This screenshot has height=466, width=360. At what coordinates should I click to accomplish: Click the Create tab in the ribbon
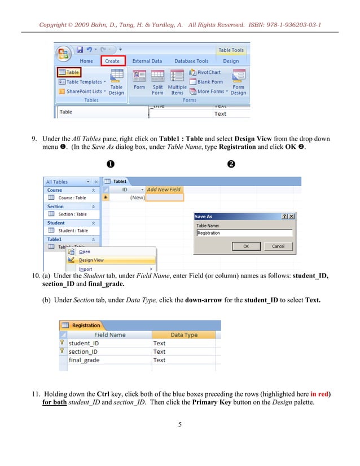[112, 61]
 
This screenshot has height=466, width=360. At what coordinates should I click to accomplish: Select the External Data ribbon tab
[147, 61]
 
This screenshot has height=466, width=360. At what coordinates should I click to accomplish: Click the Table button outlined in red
[69, 72]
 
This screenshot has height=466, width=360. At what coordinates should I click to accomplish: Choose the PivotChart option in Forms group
[209, 73]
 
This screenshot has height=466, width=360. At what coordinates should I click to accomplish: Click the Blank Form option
[209, 82]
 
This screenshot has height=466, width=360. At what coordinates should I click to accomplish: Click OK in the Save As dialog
[246, 246]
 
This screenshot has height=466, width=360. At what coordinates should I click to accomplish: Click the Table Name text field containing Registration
[244, 232]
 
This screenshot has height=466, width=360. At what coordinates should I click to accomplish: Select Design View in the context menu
[91, 260]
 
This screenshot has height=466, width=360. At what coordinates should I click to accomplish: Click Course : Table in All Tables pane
[72, 198]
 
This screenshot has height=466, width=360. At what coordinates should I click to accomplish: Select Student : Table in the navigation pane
[73, 231]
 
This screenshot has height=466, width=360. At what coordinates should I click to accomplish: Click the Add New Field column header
[164, 190]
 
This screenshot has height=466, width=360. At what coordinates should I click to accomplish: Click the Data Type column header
[184, 335]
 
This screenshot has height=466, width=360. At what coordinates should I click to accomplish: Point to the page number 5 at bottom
[179, 424]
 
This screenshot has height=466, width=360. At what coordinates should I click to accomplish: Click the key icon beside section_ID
[63, 351]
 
